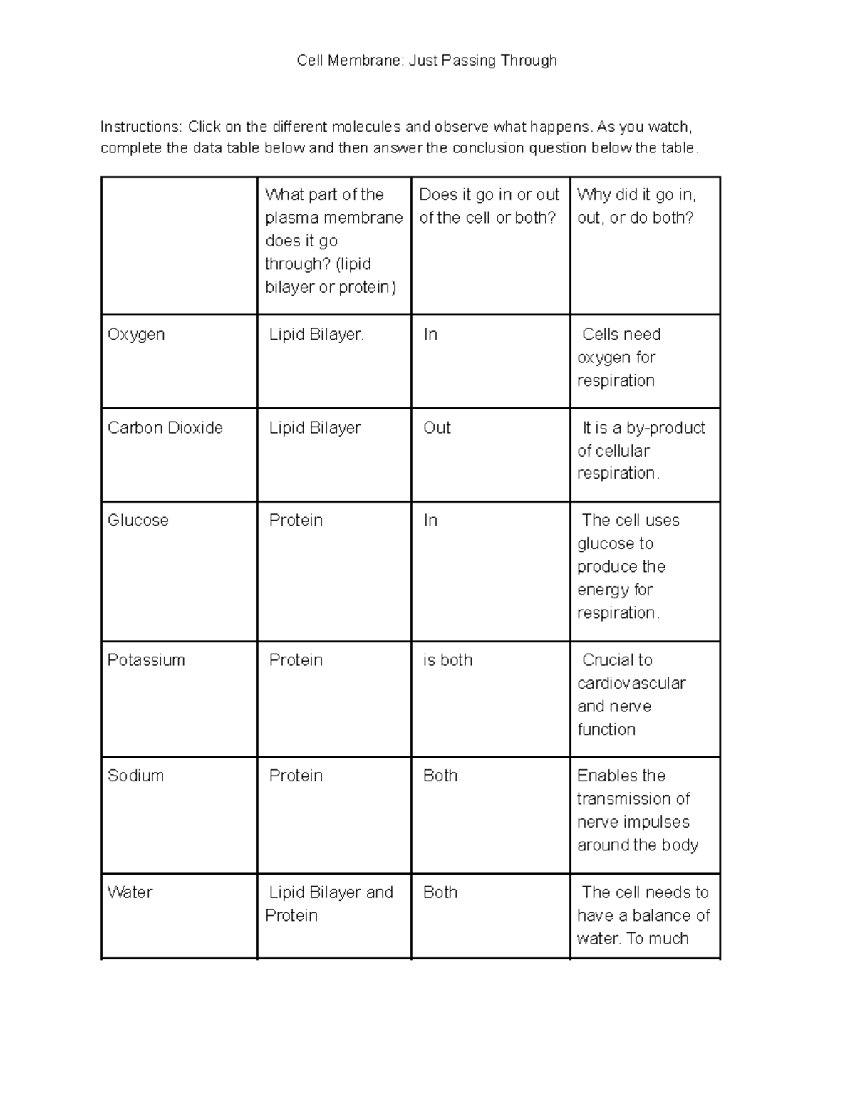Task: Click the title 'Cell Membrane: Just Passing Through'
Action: click(x=427, y=61)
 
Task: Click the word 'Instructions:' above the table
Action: click(x=141, y=127)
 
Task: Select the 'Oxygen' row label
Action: click(x=136, y=334)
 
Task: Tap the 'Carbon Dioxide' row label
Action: click(x=165, y=427)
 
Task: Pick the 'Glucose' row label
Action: click(x=138, y=521)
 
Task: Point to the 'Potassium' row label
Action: click(x=146, y=660)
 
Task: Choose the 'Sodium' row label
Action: click(x=135, y=776)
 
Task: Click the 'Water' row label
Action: click(x=130, y=892)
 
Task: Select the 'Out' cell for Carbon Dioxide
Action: click(x=437, y=427)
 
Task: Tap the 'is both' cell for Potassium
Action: click(x=447, y=660)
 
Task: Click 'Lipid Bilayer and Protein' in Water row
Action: click(x=329, y=903)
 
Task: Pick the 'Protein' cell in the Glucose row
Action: click(x=296, y=521)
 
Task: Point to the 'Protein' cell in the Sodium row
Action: click(x=296, y=776)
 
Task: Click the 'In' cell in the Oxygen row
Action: click(x=430, y=334)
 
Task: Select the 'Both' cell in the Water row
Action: click(x=440, y=892)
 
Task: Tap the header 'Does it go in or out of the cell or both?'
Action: click(x=489, y=206)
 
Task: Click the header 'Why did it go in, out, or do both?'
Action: click(x=636, y=206)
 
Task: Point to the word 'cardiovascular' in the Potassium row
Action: click(x=631, y=684)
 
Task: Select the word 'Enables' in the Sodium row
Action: click(x=603, y=776)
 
